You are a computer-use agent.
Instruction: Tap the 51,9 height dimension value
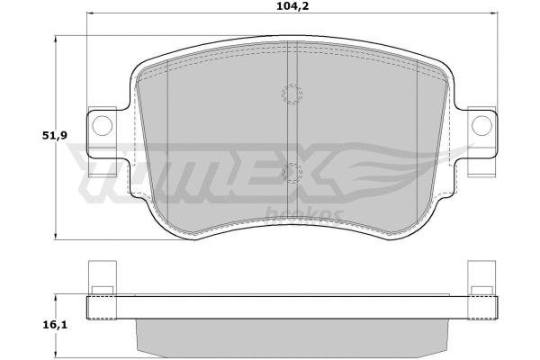click(x=26, y=136)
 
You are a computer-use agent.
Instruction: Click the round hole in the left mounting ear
click(x=102, y=124)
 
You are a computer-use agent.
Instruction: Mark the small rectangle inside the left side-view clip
click(x=102, y=290)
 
